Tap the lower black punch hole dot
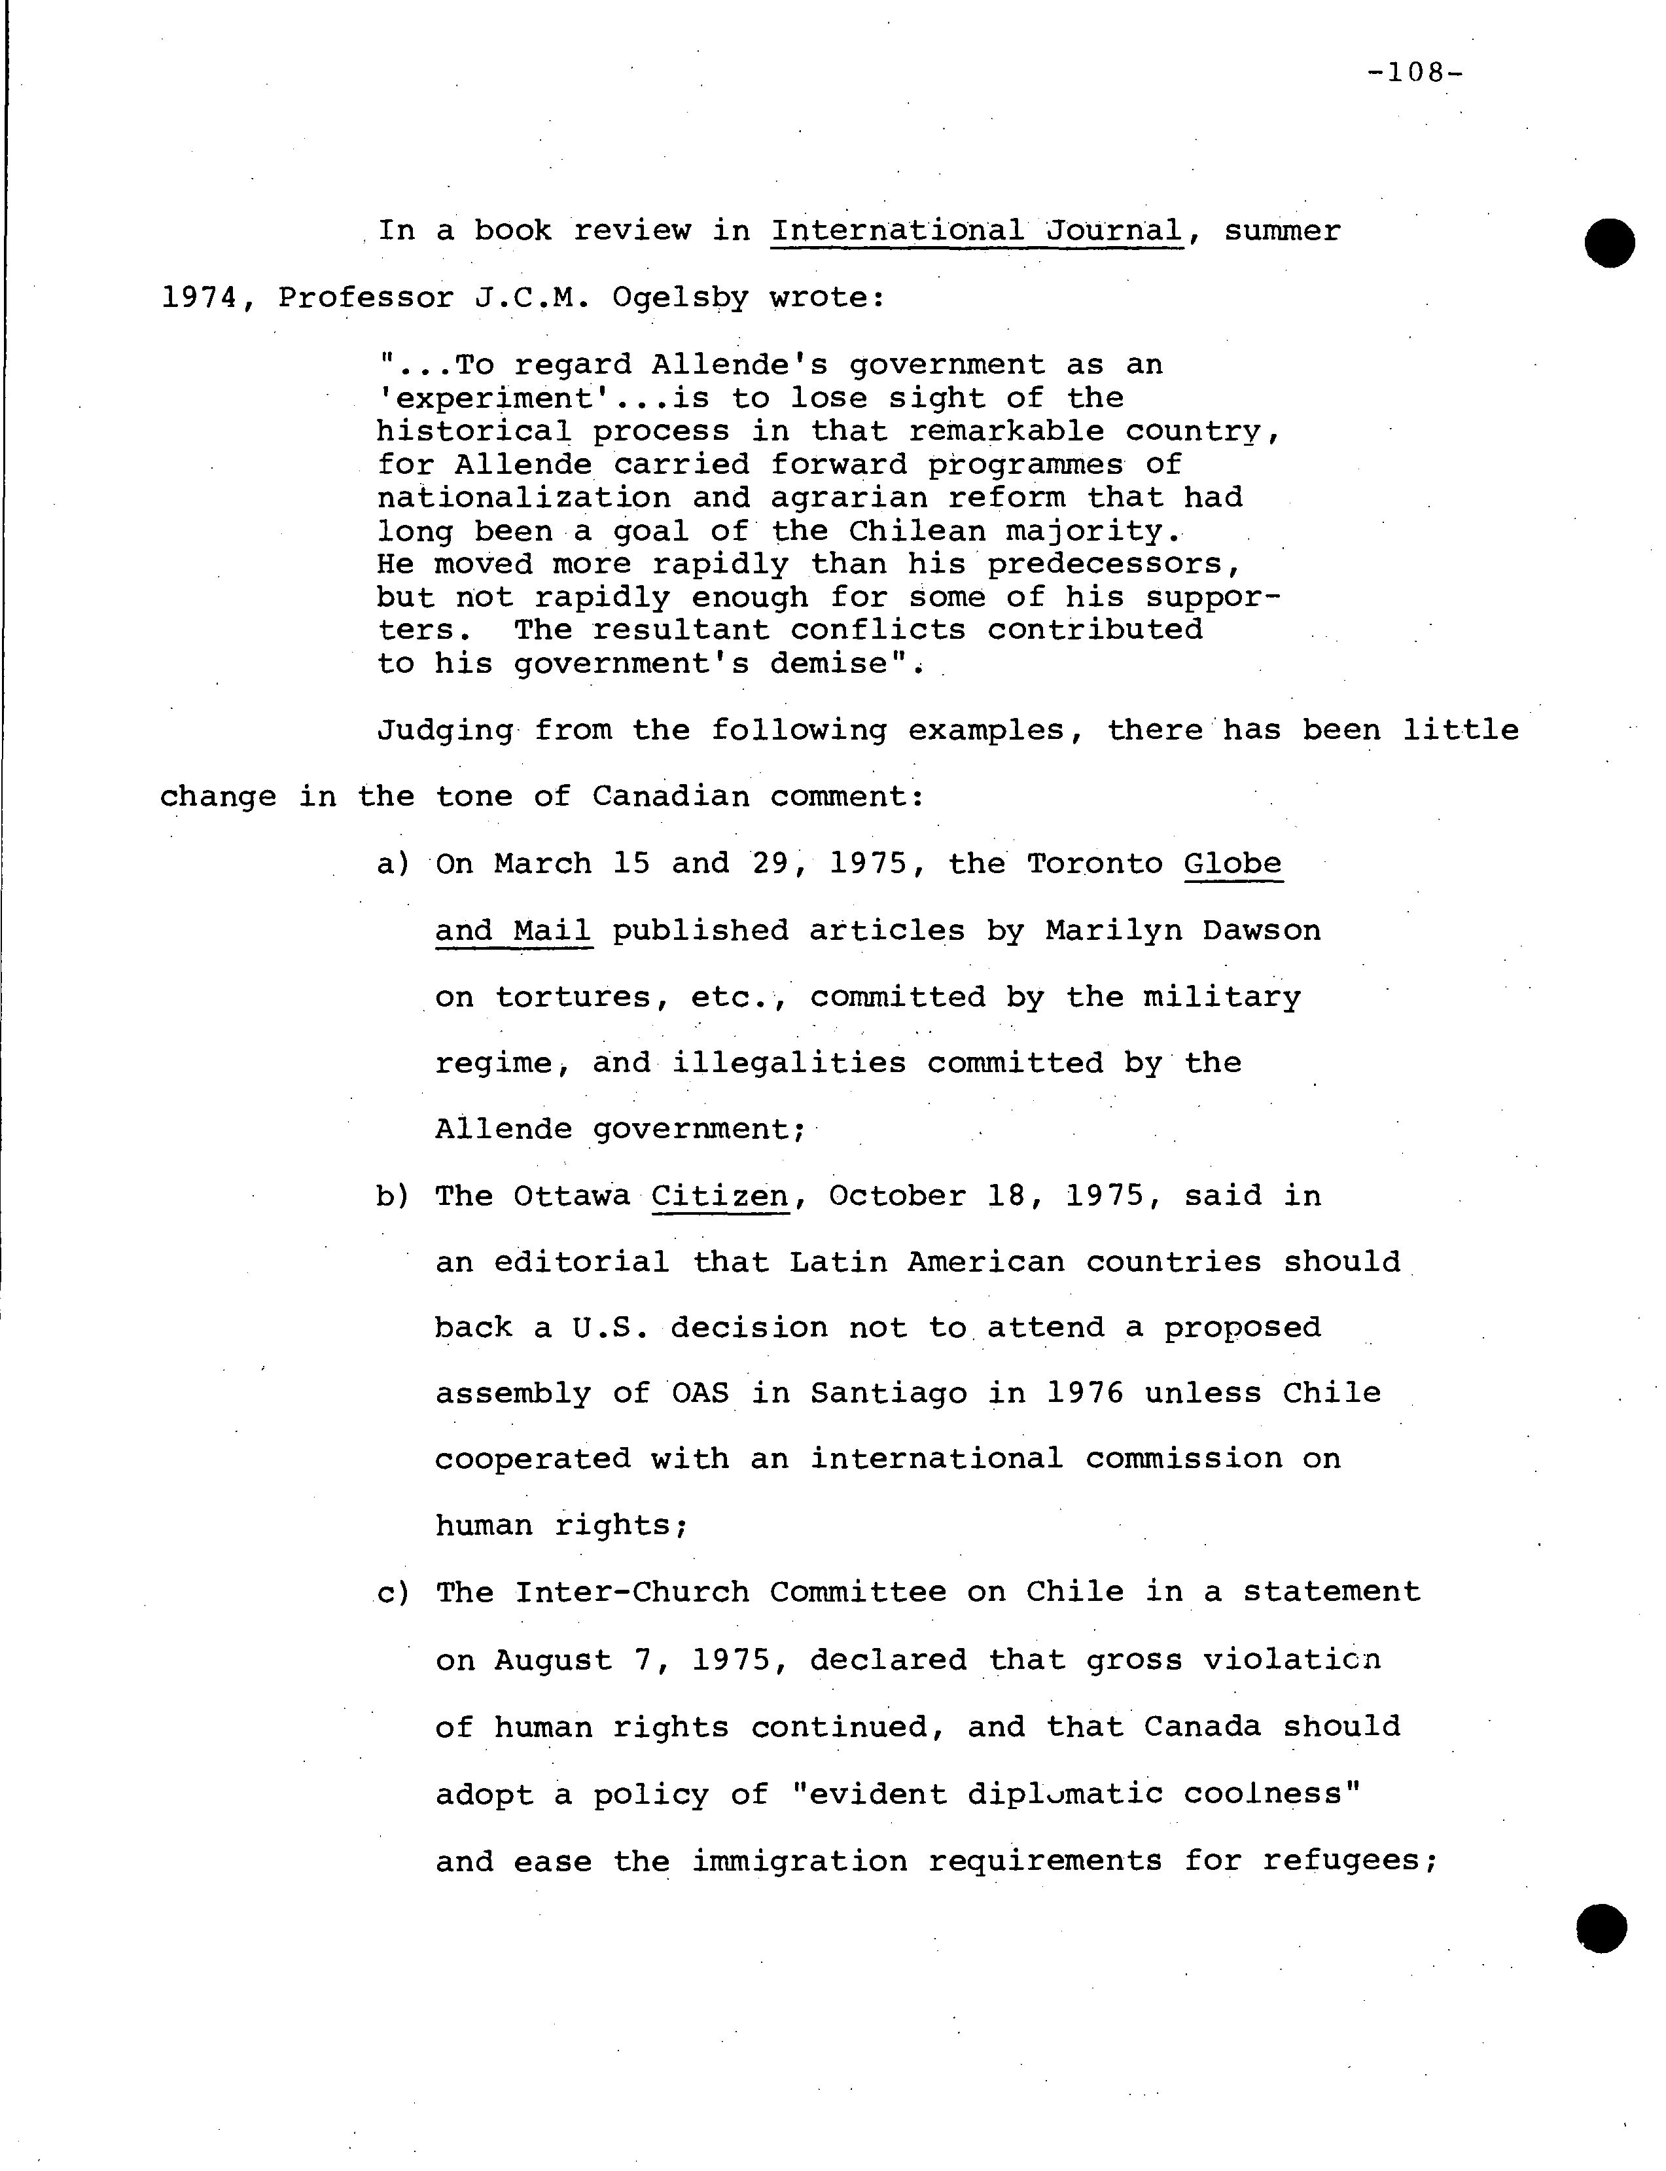(x=1601, y=1928)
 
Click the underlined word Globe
(x=1233, y=864)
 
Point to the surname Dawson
(x=1262, y=930)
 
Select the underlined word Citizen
(x=720, y=1196)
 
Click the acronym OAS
(x=700, y=1393)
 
